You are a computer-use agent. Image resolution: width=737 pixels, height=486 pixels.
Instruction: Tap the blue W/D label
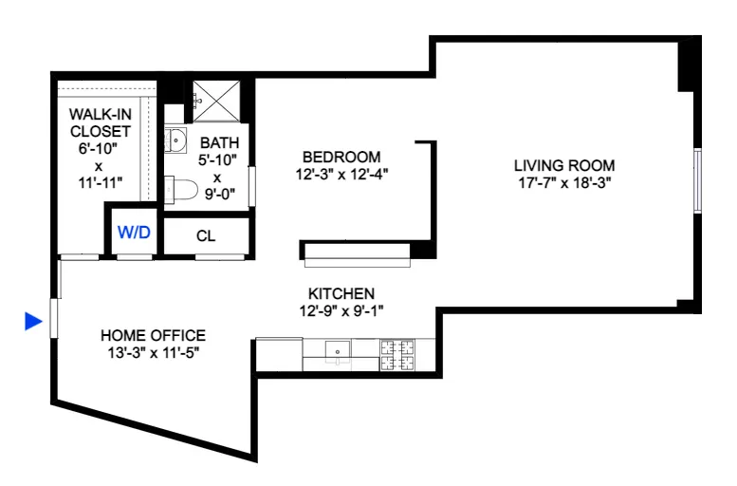point(134,233)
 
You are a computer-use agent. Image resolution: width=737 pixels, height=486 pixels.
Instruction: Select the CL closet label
point(206,236)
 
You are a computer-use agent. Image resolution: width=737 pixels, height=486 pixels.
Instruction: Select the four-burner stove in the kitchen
point(399,354)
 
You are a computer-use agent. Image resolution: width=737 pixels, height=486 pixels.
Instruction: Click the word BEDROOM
point(341,157)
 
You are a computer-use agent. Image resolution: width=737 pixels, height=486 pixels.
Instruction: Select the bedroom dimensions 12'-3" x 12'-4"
point(341,174)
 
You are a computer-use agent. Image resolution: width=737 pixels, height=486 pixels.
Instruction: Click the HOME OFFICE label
point(153,335)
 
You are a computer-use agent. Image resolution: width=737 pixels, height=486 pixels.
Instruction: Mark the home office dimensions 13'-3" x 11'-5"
point(153,352)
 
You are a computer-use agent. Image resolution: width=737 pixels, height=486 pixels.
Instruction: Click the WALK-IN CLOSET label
point(99,122)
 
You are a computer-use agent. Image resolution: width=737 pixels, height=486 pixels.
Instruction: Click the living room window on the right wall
point(697,180)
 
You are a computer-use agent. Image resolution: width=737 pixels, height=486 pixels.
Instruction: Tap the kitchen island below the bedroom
point(356,251)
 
